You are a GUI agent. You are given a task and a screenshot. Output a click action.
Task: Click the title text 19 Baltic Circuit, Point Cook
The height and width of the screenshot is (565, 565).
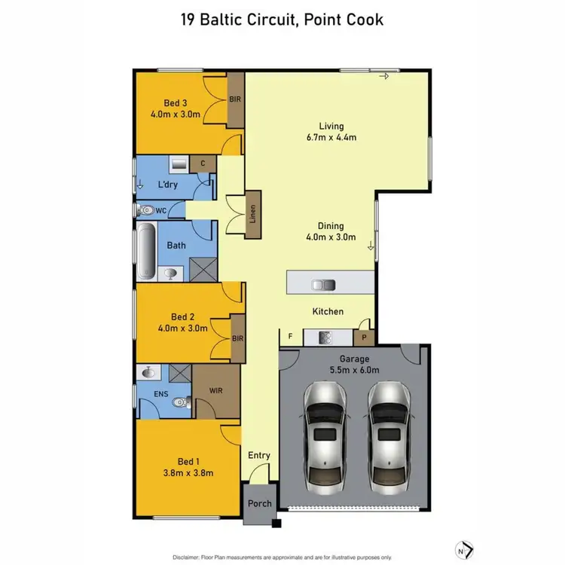coord(282,19)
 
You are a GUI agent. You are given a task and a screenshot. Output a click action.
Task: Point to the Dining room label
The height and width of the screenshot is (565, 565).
coord(331,225)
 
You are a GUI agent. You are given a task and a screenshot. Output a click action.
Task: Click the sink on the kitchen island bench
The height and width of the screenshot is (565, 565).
coord(325,284)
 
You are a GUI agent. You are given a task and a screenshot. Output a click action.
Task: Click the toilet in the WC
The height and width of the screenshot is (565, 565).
coord(145,211)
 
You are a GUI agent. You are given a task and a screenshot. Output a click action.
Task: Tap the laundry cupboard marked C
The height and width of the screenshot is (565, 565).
coord(203,163)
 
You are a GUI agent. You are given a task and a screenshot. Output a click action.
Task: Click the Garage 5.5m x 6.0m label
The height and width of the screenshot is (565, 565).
coord(355,365)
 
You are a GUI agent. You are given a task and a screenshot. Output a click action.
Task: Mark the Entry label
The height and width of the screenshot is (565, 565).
coord(259,455)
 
